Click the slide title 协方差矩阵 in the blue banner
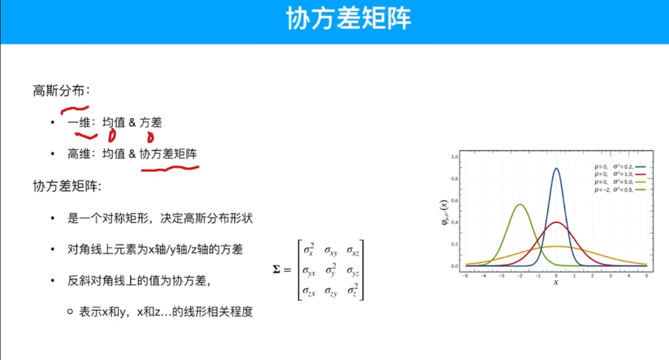pyautogui.click(x=348, y=19)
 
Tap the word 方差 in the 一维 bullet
pyautogui.click(x=151, y=123)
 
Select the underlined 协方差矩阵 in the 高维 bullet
pyautogui.click(x=168, y=154)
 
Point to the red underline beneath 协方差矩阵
pyautogui.click(x=170, y=169)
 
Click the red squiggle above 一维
pyautogui.click(x=75, y=110)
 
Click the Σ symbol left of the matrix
pyautogui.click(x=276, y=269)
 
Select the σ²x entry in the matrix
pyautogui.click(x=309, y=250)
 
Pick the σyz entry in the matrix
pyautogui.click(x=352, y=271)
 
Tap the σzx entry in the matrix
pyautogui.click(x=309, y=291)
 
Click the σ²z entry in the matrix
pyautogui.click(x=352, y=290)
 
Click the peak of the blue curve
pyautogui.click(x=556, y=169)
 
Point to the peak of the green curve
pyautogui.click(x=520, y=205)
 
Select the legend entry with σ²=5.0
pyautogui.click(x=620, y=182)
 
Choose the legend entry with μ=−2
pyautogui.click(x=620, y=190)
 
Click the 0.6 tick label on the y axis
pyautogui.click(x=454, y=200)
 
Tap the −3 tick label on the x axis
pyautogui.click(x=502, y=276)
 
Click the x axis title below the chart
pyautogui.click(x=556, y=282)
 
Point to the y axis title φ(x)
pyautogui.click(x=444, y=212)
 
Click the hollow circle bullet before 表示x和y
pyautogui.click(x=70, y=312)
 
